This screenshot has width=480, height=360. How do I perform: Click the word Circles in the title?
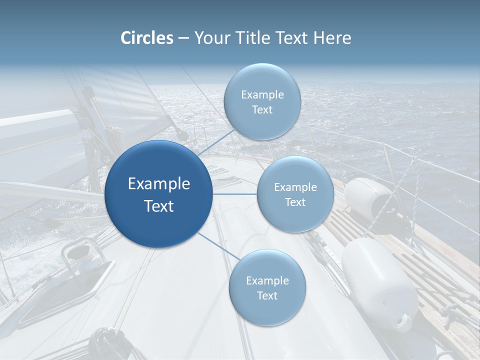pyautogui.click(x=147, y=38)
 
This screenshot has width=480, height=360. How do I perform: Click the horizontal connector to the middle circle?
pyautogui.click(x=235, y=194)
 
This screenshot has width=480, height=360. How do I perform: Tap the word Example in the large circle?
pyautogui.click(x=159, y=184)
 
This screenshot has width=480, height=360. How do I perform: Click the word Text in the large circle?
pyautogui.click(x=159, y=206)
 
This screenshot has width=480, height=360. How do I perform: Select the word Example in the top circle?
pyautogui.click(x=262, y=95)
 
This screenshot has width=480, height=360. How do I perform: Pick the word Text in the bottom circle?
pyautogui.click(x=267, y=296)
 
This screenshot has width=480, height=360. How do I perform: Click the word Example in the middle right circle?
pyautogui.click(x=295, y=187)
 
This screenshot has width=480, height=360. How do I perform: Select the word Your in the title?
pyautogui.click(x=209, y=38)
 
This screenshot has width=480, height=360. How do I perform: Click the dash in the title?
pyautogui.click(x=183, y=38)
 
